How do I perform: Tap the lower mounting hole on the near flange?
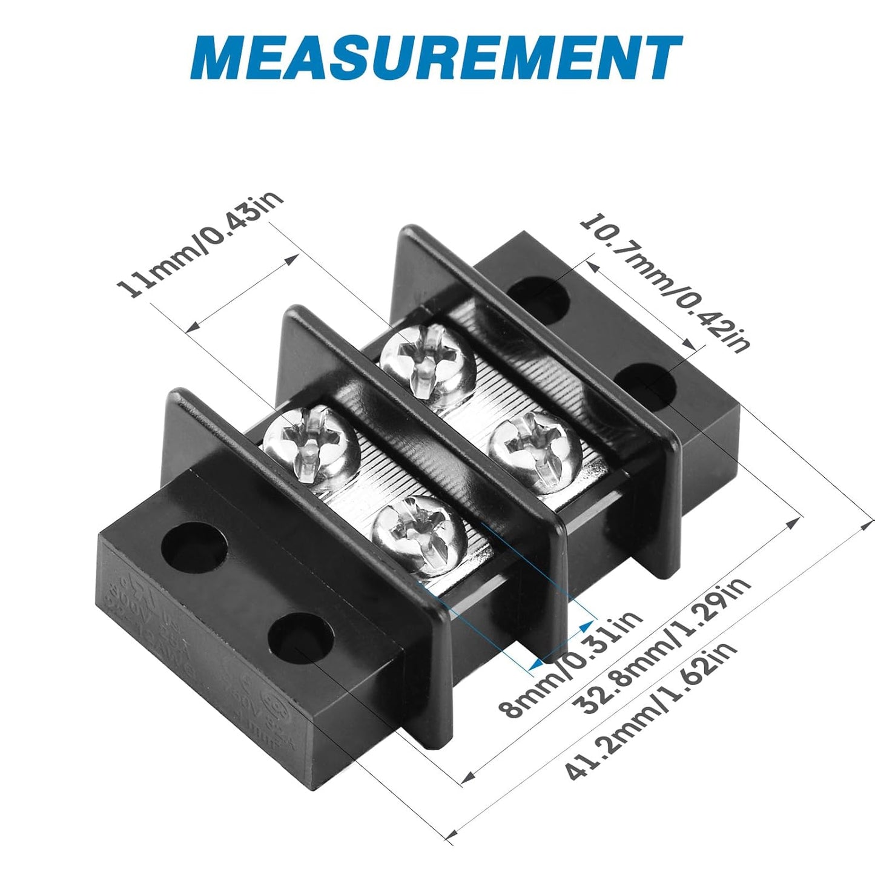pos(300,637)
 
